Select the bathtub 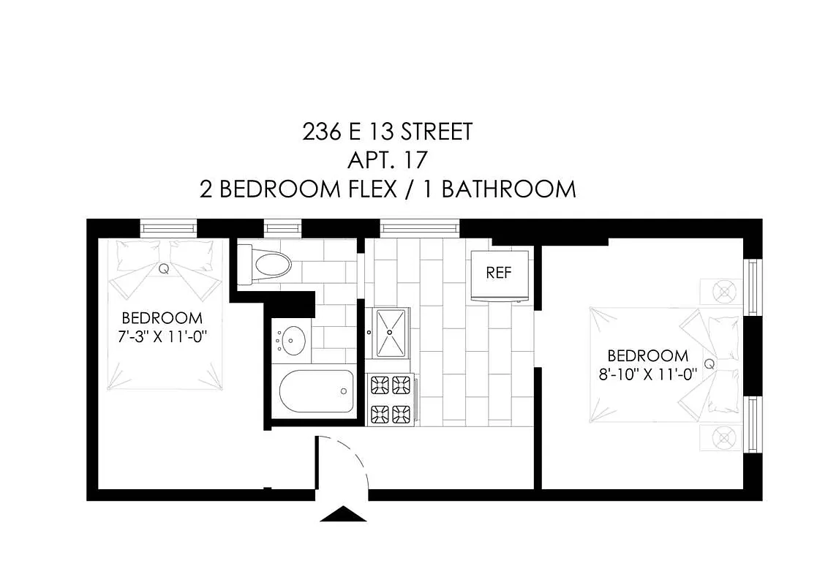click(316, 393)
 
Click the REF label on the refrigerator click(499, 273)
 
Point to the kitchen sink click(391, 331)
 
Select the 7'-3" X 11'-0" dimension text click(162, 337)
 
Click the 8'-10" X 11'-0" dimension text click(648, 374)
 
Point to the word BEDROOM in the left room click(162, 318)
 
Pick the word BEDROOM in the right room click(648, 356)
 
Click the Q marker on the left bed click(163, 268)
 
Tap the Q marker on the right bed click(708, 363)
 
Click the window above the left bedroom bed click(169, 227)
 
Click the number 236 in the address click(321, 132)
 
